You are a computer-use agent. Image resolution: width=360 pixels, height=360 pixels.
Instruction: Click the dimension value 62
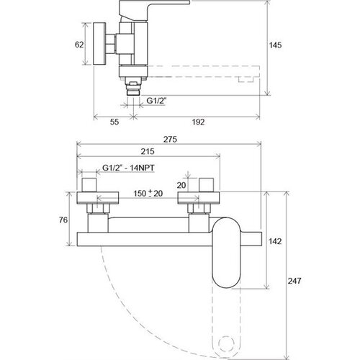click(79, 45)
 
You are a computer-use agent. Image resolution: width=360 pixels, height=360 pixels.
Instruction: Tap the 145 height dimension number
click(275, 45)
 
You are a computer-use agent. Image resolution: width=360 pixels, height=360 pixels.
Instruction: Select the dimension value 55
click(114, 122)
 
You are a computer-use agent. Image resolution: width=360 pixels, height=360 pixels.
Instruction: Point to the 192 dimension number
click(198, 122)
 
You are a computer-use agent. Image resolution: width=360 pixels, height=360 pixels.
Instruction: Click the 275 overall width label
click(170, 139)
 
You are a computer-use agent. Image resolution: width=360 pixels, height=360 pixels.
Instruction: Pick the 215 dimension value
click(148, 151)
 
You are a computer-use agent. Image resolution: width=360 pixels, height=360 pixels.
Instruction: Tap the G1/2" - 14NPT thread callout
click(128, 168)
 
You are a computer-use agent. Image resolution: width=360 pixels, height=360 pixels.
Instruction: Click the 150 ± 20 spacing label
click(148, 193)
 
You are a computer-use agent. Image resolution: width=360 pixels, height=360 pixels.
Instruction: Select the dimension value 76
click(63, 220)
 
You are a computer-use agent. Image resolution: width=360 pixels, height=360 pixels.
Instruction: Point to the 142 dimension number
click(275, 241)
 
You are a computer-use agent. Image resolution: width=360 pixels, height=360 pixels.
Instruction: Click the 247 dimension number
click(294, 281)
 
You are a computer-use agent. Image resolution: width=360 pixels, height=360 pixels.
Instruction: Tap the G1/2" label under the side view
click(156, 101)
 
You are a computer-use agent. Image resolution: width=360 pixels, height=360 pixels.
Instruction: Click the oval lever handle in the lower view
click(225, 253)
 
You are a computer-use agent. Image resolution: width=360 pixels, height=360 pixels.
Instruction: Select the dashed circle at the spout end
click(225, 344)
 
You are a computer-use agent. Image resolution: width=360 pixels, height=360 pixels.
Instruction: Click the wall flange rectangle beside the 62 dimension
click(99, 44)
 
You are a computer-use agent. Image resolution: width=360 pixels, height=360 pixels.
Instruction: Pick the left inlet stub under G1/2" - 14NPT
click(89, 185)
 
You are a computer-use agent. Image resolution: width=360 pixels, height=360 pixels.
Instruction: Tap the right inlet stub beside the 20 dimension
click(207, 185)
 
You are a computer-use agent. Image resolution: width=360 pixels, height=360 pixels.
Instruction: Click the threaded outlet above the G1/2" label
click(133, 89)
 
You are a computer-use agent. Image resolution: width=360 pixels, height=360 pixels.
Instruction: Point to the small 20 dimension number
click(181, 185)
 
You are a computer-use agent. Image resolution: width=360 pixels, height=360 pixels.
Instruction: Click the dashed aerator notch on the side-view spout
click(246, 79)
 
